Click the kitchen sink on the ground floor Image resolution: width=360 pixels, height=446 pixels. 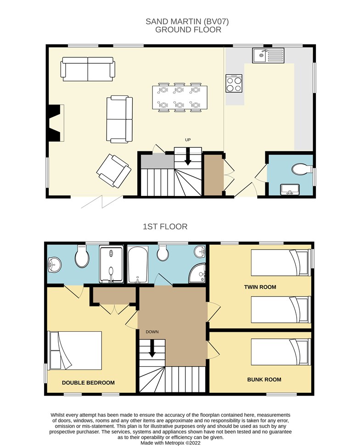[x=268, y=56]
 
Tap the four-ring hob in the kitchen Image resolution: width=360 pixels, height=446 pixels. [x=234, y=84]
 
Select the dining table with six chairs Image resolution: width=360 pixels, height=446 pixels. [x=179, y=98]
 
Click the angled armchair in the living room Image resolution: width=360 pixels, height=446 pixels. [x=114, y=171]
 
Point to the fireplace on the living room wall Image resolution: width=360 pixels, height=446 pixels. [x=56, y=123]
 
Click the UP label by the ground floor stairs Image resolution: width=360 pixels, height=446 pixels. [x=188, y=139]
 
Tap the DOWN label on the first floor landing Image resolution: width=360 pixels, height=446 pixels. [x=152, y=332]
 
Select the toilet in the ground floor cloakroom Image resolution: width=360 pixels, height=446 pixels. [x=302, y=169]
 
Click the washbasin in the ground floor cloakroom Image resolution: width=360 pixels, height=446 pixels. [x=290, y=190]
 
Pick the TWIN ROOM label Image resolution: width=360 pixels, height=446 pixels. [x=260, y=287]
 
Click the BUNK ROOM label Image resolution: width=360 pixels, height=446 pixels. [x=264, y=379]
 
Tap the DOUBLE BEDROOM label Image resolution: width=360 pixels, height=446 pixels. [x=88, y=383]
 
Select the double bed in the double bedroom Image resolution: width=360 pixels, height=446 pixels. [x=76, y=351]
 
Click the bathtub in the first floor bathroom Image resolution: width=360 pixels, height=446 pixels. [x=138, y=265]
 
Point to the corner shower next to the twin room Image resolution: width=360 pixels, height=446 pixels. [x=197, y=273]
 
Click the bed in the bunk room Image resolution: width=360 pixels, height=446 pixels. [x=281, y=352]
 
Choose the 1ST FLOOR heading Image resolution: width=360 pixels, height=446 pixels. [x=165, y=227]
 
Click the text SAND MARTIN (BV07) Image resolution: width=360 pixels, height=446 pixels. [x=187, y=22]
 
